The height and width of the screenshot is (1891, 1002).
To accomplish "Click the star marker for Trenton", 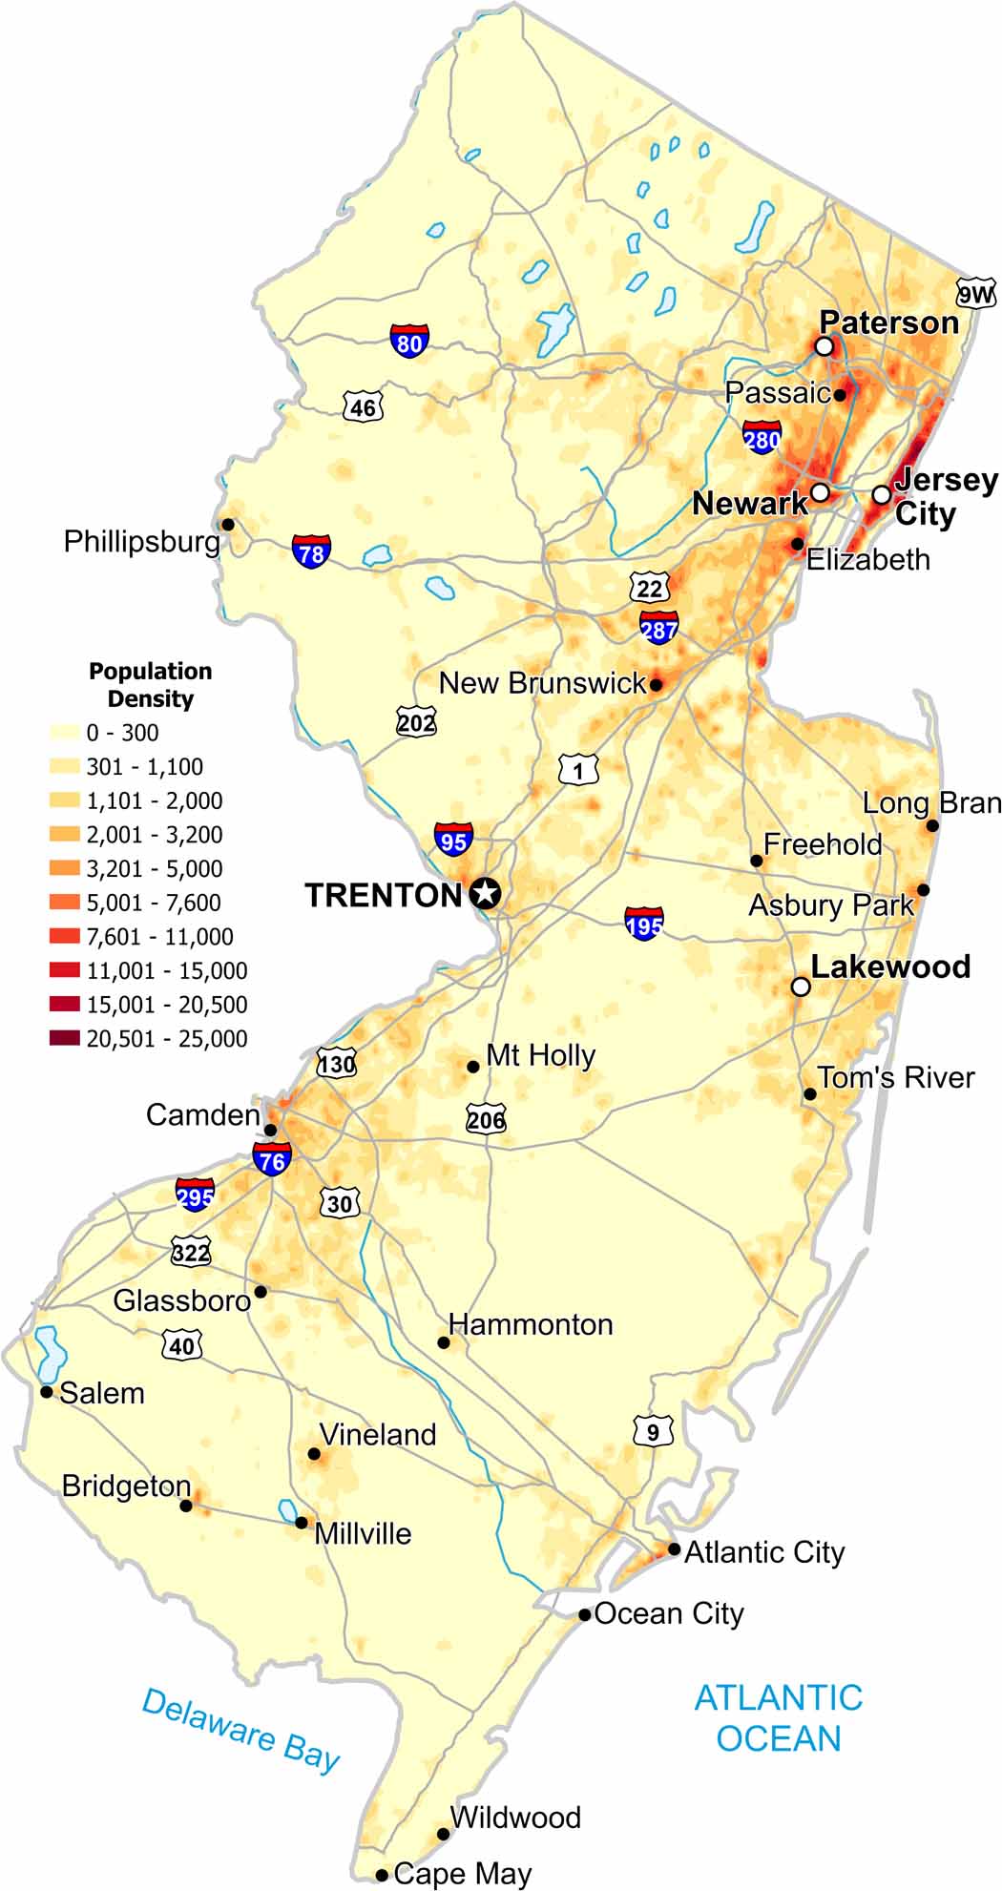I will click(486, 894).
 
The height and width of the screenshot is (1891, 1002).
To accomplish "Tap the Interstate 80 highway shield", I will click(409, 341).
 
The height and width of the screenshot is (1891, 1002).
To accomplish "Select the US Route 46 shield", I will click(363, 407).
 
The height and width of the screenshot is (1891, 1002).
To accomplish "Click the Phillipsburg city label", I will click(141, 542).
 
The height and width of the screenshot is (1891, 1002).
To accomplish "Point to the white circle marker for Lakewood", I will click(801, 987).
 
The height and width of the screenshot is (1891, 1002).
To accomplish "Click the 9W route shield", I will click(975, 294).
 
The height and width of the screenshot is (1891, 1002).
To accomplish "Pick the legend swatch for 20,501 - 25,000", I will click(65, 1038).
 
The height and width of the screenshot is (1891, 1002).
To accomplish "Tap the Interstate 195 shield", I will click(644, 924).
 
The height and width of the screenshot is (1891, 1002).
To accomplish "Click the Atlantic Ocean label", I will click(778, 1717).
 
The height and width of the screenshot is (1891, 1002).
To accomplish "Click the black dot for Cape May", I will click(382, 1875).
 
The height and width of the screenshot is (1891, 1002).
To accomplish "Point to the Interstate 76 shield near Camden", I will click(272, 1158).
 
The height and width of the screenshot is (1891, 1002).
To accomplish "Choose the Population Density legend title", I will click(150, 684).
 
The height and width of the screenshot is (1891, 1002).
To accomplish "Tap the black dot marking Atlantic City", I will click(674, 1548).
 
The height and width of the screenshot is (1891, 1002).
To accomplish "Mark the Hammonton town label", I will click(531, 1324).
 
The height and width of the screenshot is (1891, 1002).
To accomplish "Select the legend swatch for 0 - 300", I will click(65, 733).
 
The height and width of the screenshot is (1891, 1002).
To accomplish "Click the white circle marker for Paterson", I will click(824, 346).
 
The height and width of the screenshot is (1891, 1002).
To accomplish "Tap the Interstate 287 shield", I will click(658, 628).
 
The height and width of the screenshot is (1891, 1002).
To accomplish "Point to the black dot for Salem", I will click(46, 1392).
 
